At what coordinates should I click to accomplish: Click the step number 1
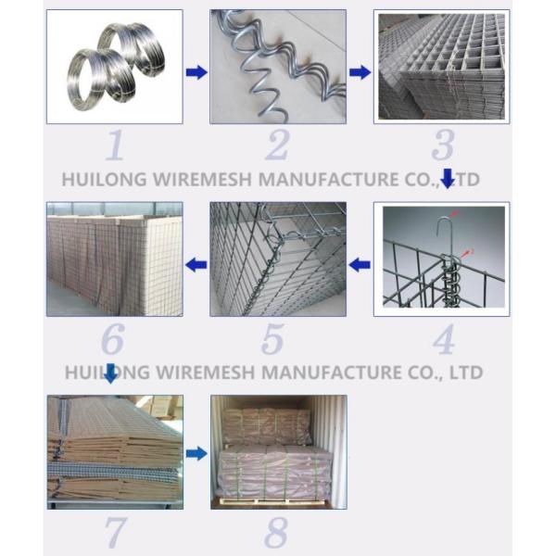[115, 145]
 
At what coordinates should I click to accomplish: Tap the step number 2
[277, 145]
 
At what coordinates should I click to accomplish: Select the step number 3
[443, 145]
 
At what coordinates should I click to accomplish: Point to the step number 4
[444, 340]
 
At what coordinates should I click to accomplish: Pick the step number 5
[272, 340]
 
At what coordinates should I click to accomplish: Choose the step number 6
[113, 339]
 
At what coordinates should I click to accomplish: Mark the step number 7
[116, 532]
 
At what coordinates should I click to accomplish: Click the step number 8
[276, 532]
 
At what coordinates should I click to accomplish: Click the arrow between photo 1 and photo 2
[196, 72]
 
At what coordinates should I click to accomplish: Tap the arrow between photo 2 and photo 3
[360, 72]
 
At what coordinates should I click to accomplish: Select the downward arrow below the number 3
[448, 178]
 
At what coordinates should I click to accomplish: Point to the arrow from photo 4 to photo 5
[360, 264]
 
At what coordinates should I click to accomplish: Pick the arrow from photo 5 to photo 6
[196, 264]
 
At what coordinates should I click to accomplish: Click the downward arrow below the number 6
[111, 373]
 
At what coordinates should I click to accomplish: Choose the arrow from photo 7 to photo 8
[196, 453]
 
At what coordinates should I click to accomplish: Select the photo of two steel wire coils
[115, 67]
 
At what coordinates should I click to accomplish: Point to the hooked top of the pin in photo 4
[443, 225]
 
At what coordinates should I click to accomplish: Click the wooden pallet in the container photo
[273, 500]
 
